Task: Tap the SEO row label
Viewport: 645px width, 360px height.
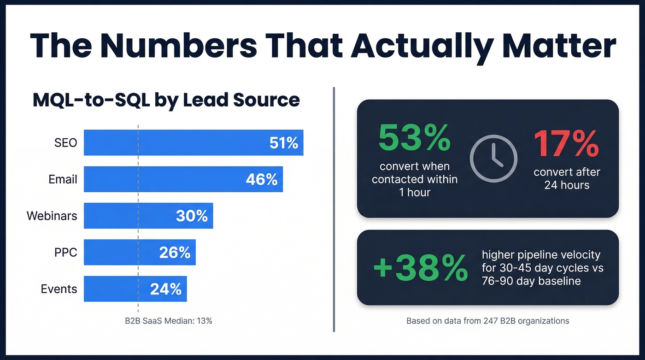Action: click(x=65, y=142)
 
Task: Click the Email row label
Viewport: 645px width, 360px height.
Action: click(x=63, y=179)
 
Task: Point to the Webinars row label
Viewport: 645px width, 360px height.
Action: click(x=52, y=216)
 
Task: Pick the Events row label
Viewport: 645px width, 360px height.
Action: click(x=59, y=289)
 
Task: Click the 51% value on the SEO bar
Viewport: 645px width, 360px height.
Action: click(x=284, y=143)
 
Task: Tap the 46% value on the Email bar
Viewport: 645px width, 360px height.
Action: click(x=262, y=179)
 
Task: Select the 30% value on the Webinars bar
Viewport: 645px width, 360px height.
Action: click(x=192, y=216)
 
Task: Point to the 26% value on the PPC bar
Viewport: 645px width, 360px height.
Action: click(x=175, y=253)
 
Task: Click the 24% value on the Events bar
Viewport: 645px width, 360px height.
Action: click(x=166, y=289)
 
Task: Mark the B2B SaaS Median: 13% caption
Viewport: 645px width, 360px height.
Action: click(x=169, y=321)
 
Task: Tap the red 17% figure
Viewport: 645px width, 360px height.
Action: click(x=566, y=143)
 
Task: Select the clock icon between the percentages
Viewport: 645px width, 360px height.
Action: click(x=493, y=159)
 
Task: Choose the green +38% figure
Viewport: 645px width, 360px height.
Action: click(x=420, y=268)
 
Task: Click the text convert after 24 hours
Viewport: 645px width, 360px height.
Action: click(x=567, y=178)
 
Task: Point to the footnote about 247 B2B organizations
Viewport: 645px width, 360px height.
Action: click(x=487, y=320)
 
